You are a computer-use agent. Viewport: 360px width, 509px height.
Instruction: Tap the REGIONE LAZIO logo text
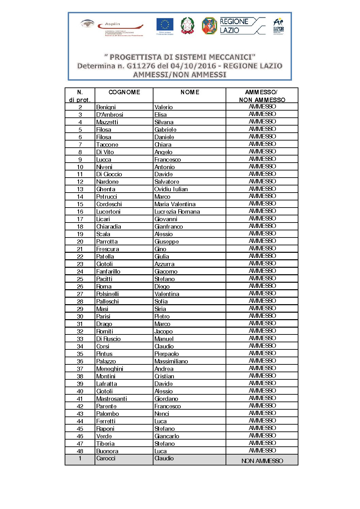click(234, 26)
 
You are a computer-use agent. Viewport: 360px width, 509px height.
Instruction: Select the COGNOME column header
click(124, 92)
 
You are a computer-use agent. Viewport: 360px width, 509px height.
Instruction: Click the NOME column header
click(190, 92)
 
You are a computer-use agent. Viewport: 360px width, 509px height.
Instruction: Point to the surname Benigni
click(106, 107)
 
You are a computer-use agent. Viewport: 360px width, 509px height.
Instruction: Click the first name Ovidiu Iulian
click(171, 189)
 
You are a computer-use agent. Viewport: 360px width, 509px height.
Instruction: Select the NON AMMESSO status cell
click(262, 461)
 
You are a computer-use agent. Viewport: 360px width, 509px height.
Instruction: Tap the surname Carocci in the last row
click(106, 458)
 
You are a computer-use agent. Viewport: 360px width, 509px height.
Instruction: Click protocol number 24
click(80, 272)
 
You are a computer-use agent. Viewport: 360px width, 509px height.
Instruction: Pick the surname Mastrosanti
click(112, 399)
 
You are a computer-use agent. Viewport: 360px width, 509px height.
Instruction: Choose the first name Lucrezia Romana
click(177, 212)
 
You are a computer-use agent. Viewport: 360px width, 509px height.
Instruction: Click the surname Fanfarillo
click(108, 272)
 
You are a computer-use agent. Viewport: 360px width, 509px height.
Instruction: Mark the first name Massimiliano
click(171, 361)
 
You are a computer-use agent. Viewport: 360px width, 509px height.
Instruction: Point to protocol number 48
click(80, 451)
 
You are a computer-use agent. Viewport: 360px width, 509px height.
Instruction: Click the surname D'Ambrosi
click(110, 115)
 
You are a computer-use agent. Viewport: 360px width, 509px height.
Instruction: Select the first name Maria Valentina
click(175, 204)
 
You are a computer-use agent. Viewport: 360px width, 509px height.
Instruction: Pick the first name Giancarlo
click(167, 436)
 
